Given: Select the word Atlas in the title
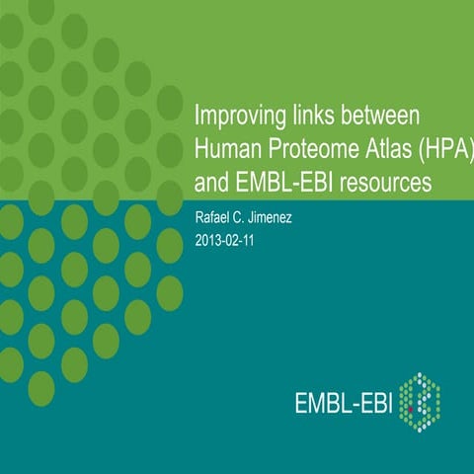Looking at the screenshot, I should tap(383, 149).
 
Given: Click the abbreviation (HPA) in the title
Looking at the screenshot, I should tap(445, 149).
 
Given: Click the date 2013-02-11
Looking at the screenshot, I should tap(229, 240).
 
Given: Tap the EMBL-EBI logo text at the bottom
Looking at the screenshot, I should tap(347, 404).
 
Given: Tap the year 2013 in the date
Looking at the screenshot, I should tap(209, 240).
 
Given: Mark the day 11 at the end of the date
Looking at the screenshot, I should tap(253, 240).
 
